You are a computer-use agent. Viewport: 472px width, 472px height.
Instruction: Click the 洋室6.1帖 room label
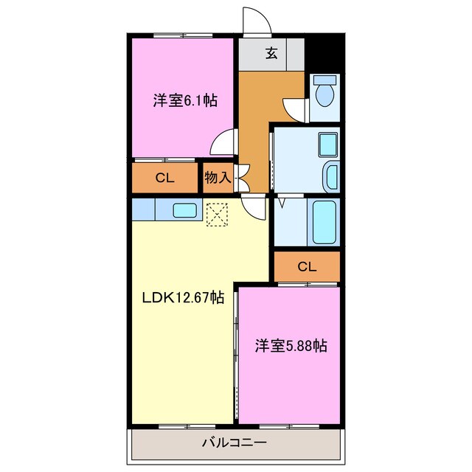[x=185, y=100]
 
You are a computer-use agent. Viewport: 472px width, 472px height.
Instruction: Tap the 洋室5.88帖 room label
[x=291, y=344]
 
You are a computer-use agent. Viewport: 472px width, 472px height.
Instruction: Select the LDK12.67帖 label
[x=183, y=297]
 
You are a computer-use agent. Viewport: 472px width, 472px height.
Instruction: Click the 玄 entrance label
[x=271, y=52]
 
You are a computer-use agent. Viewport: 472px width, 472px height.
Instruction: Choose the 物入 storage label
[x=219, y=178]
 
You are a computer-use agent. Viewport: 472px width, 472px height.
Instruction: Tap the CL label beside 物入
[x=165, y=178]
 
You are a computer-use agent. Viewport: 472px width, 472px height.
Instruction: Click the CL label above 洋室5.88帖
[x=306, y=266]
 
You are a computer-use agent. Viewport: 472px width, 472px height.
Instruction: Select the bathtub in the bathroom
[x=324, y=221]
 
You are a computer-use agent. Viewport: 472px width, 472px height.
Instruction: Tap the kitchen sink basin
[x=184, y=210]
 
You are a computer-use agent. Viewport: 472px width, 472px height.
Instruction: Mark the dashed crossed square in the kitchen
[x=218, y=215]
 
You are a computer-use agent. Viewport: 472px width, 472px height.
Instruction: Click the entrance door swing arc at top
[x=257, y=21]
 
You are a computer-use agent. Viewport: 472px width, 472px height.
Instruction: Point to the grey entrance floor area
[x=271, y=53]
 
